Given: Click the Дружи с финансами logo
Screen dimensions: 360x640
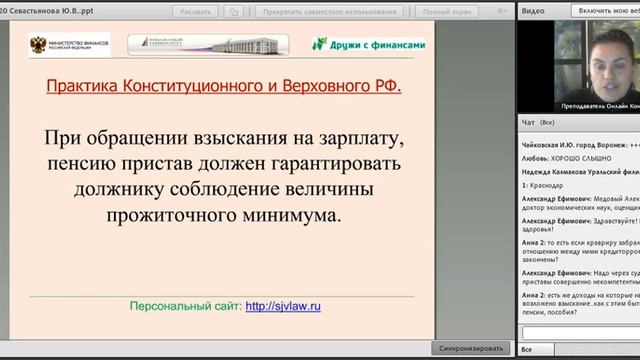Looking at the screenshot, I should (370, 44).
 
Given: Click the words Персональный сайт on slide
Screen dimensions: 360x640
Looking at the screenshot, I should (185, 279).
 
